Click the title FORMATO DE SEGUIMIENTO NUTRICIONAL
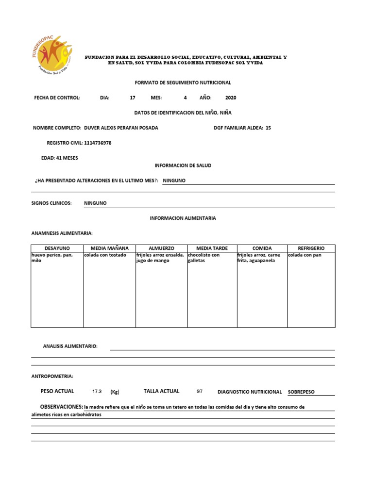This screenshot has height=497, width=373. [183, 83]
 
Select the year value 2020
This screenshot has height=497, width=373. [231, 98]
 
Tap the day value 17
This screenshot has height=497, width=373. [133, 98]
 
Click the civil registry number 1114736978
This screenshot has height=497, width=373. [98, 143]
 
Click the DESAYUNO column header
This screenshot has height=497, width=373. [57, 248]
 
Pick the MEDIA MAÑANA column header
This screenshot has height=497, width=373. [109, 248]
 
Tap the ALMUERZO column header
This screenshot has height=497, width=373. [161, 248]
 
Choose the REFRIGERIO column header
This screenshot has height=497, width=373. [311, 248]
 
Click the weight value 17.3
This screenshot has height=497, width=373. [97, 391]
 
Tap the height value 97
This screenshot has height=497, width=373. [199, 391]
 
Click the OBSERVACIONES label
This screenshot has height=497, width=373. [61, 406]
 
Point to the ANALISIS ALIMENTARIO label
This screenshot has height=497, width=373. [70, 346]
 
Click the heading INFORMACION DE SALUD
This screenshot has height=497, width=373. [183, 166]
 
